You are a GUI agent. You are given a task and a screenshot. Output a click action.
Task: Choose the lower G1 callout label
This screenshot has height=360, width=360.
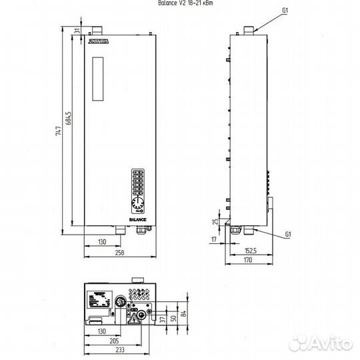(x=288, y=235)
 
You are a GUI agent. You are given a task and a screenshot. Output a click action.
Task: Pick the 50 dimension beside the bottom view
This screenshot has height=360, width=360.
(x=172, y=317)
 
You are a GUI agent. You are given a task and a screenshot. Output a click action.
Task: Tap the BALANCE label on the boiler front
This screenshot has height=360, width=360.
(x=138, y=219)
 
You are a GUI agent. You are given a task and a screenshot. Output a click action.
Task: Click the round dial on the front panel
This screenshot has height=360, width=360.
(x=138, y=203)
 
